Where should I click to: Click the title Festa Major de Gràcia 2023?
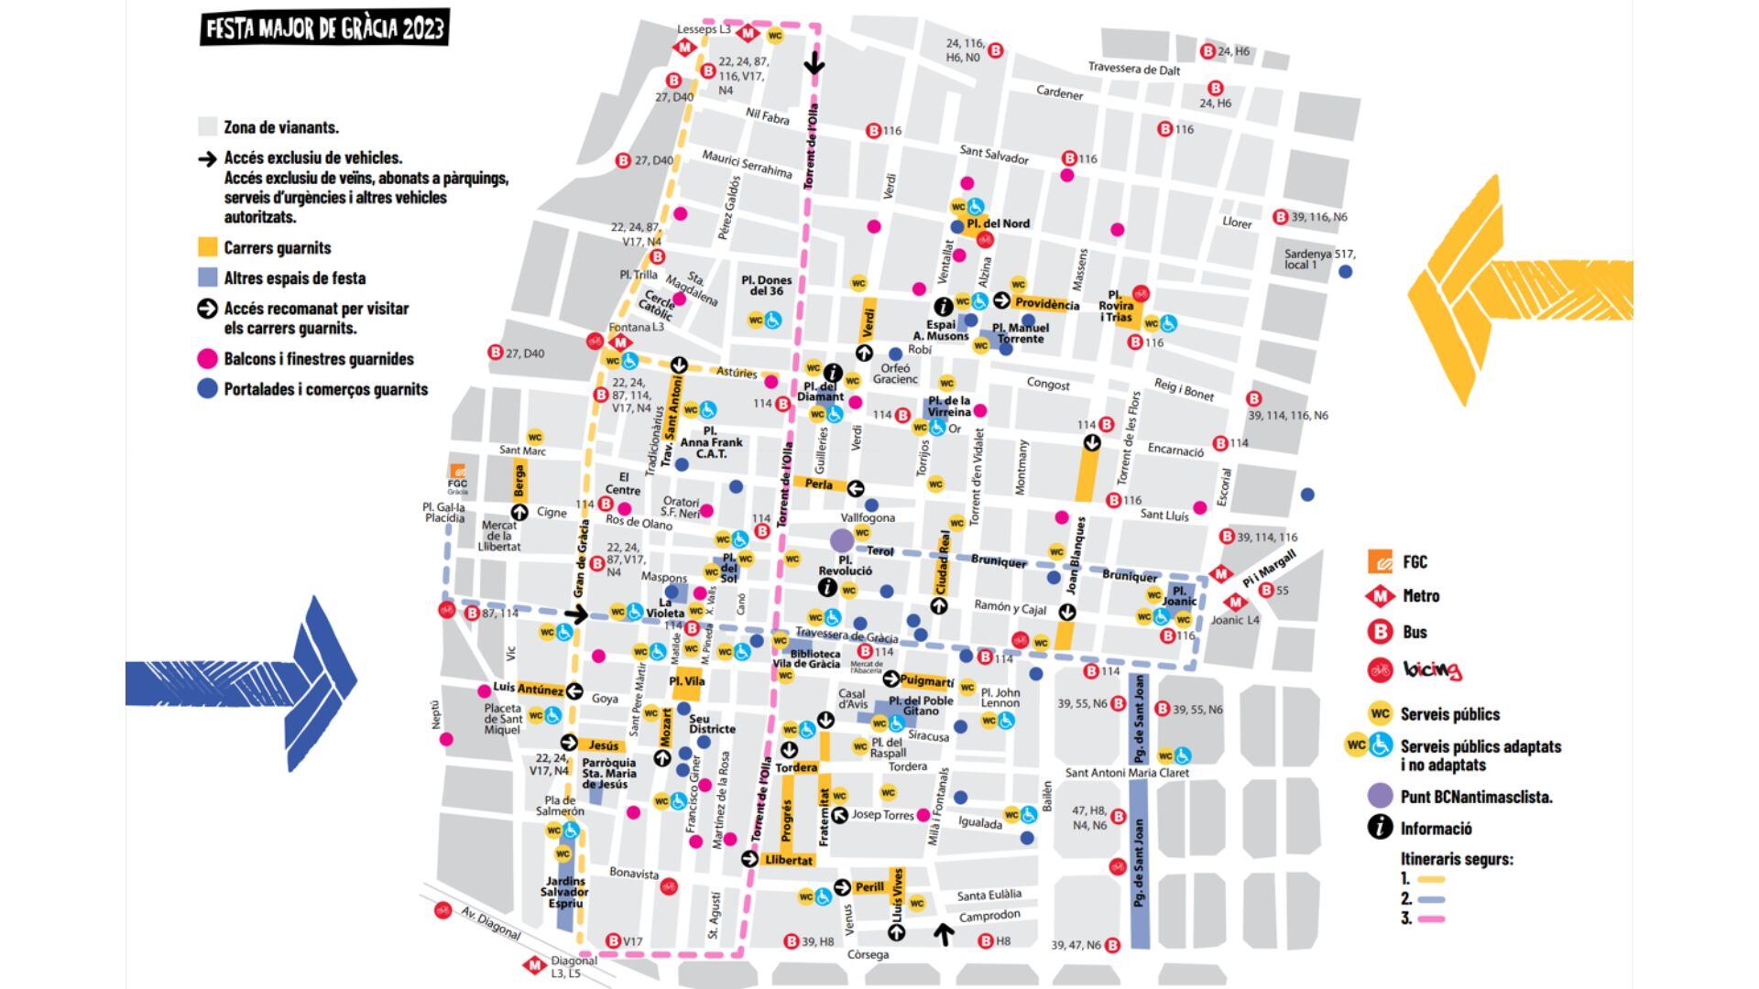click(324, 28)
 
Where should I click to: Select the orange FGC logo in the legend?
click(1380, 561)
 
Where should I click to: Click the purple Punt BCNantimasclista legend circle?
click(1380, 796)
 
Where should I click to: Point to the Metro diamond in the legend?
click(1380, 596)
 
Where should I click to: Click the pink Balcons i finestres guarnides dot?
click(208, 359)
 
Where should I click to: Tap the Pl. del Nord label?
click(998, 223)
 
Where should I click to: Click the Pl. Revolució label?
click(845, 565)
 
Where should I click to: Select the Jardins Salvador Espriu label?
click(563, 892)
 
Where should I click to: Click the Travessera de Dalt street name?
click(1133, 69)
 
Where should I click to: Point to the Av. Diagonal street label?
click(490, 924)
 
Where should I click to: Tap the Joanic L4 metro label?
click(1235, 620)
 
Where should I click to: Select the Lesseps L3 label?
click(704, 30)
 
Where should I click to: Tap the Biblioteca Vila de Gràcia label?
click(814, 659)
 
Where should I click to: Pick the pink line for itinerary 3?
click(1430, 918)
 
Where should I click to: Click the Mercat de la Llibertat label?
click(499, 536)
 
